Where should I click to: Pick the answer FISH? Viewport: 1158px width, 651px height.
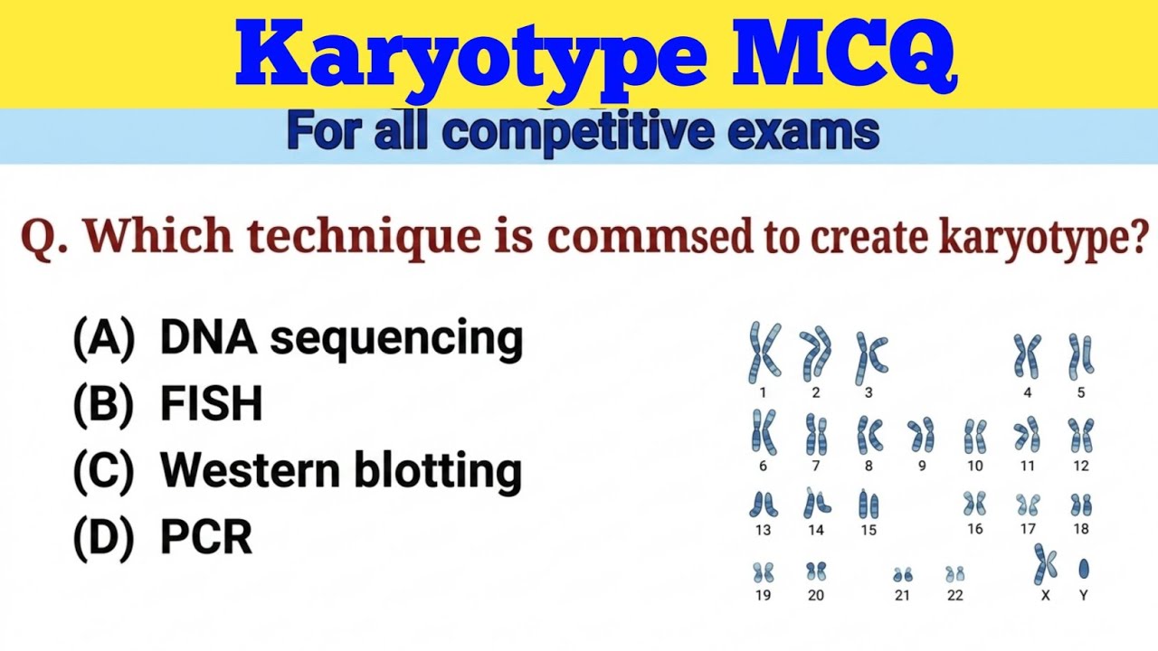coord(211,405)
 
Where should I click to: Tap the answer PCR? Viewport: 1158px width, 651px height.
coord(205,538)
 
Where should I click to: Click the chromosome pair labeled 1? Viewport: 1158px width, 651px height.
coord(764,352)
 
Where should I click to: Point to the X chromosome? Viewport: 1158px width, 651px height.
coord(1045,563)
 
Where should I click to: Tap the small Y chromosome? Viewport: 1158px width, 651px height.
coord(1083,569)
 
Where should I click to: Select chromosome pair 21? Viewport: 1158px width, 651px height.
coord(902,574)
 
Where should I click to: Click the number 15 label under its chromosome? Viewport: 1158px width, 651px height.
coord(868,530)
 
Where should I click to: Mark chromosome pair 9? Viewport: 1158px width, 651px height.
coord(921,435)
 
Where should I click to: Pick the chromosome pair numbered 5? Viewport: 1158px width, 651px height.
coord(1080,355)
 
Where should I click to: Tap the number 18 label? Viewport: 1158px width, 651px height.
coord(1081,529)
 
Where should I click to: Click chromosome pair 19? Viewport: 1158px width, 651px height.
coord(763,571)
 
